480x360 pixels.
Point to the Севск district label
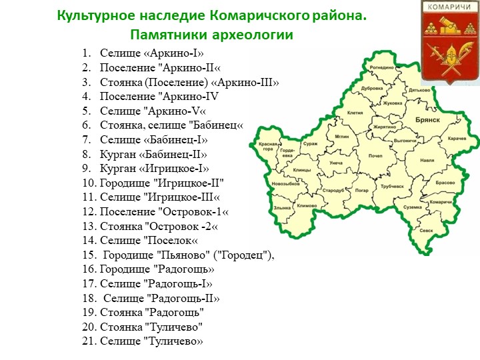point(426,230)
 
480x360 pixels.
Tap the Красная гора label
point(267,147)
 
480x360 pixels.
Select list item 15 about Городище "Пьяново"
point(180,255)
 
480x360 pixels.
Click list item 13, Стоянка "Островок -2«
point(150,226)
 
